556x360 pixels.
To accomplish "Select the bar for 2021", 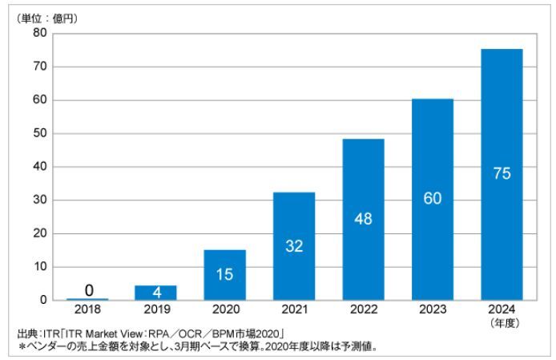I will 294,245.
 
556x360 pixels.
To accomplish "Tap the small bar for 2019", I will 156,293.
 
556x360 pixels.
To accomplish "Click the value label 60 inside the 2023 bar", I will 433,199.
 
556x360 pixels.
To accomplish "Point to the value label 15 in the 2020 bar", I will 225,274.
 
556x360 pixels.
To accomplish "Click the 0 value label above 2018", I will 88,290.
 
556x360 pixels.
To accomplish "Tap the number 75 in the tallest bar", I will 502,174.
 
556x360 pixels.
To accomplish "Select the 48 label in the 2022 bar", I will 363,219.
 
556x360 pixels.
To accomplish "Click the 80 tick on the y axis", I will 40,34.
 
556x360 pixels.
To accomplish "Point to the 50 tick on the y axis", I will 40,134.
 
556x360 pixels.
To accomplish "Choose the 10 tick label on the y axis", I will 40,266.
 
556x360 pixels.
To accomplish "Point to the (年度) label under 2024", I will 502,322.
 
